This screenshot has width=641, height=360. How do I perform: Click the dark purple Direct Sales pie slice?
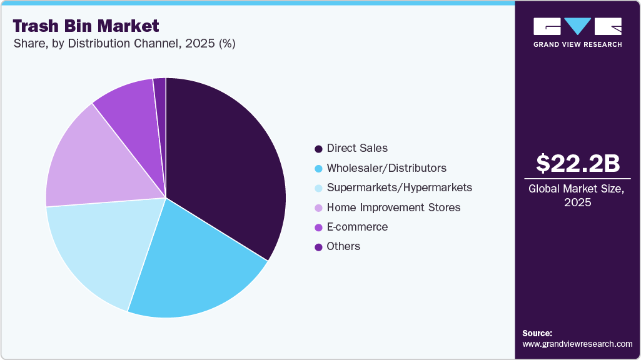click(225, 162)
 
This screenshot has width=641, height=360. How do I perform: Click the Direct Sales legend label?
click(357, 148)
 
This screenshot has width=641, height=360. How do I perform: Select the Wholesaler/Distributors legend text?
click(386, 168)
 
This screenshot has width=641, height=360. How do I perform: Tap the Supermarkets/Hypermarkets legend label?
click(399, 187)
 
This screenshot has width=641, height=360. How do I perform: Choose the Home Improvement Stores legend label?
click(393, 207)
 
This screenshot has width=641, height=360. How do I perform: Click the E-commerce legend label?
click(357, 227)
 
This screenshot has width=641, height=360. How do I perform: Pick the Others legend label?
click(343, 246)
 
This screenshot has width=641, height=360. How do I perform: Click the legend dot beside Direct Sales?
click(318, 149)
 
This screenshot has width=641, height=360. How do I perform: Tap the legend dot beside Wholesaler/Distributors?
click(318, 169)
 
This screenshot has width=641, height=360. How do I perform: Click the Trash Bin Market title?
click(86, 26)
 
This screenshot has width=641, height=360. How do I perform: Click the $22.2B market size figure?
click(578, 163)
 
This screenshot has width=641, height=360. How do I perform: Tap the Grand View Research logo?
click(577, 32)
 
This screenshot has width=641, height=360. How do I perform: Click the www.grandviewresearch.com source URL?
click(577, 344)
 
